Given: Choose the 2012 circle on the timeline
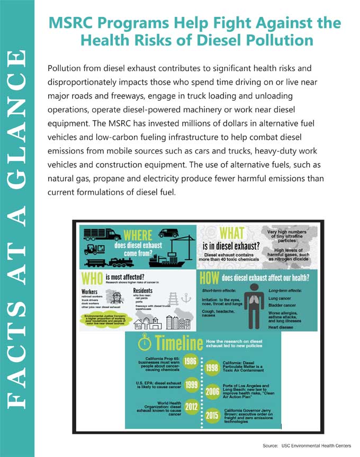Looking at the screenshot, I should tap(191, 407).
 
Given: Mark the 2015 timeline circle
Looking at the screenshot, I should tap(212, 415).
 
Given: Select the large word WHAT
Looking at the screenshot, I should tap(231, 233).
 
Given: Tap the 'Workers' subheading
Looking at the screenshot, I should tap(90, 292).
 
